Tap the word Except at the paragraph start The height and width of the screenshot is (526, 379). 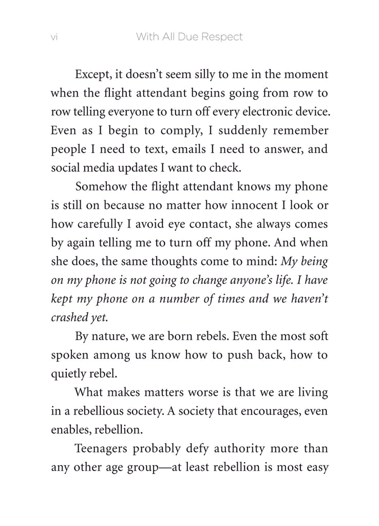(93, 74)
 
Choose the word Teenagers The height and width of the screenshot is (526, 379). (102, 449)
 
